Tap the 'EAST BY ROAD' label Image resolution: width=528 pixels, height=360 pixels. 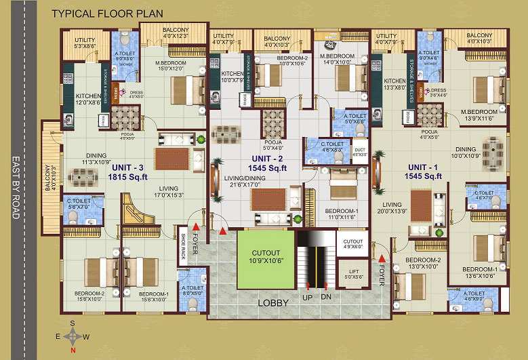point(16,188)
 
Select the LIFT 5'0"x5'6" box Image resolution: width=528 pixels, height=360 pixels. point(353,274)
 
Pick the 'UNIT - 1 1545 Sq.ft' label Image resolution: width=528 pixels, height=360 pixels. point(424,171)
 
